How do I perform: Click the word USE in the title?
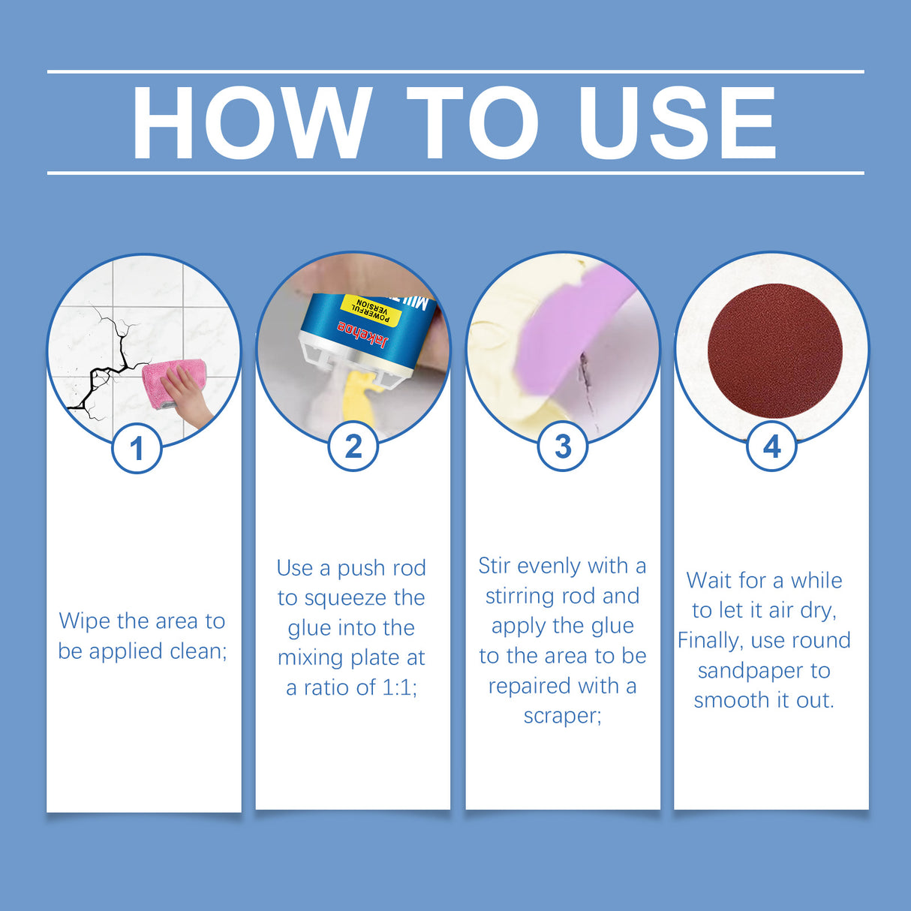tap(677, 123)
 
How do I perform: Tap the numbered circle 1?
tap(137, 449)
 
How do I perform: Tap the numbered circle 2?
tap(353, 446)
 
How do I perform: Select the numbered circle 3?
tap(563, 446)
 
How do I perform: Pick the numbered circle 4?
tap(771, 446)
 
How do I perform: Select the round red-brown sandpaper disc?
tap(774, 351)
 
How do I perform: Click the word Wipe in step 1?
tap(85, 622)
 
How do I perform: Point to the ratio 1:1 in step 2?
tap(398, 687)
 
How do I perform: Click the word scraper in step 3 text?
tap(562, 716)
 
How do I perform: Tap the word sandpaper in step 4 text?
tap(763, 671)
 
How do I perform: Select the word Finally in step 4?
tap(709, 641)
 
